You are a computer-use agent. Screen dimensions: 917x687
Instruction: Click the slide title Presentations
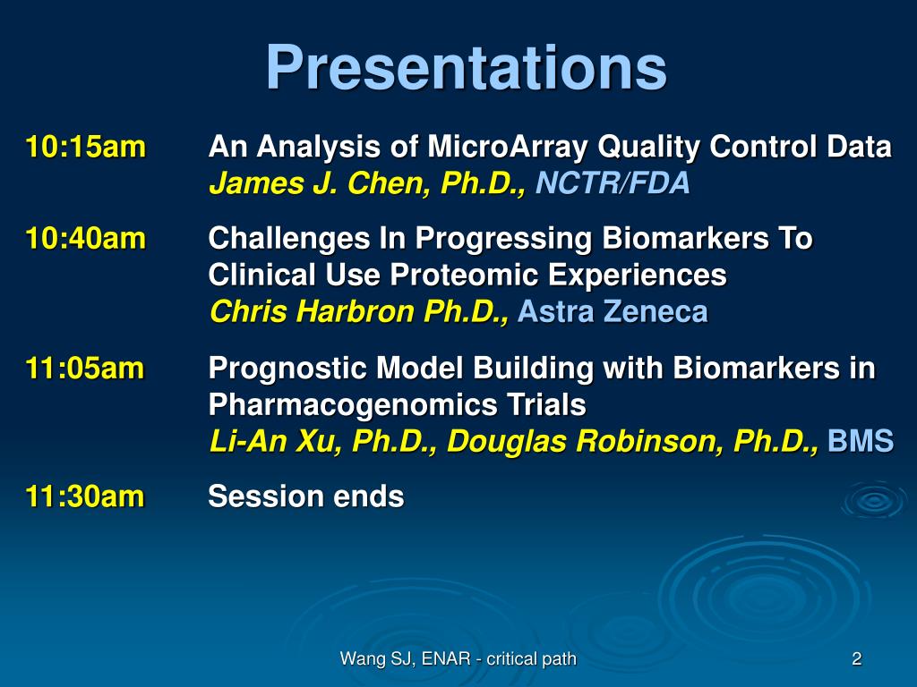click(466, 68)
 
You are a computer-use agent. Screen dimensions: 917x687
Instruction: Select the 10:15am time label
click(85, 146)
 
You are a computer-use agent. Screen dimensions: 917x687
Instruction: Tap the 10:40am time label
click(85, 238)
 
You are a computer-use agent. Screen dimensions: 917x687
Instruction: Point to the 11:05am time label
click(85, 368)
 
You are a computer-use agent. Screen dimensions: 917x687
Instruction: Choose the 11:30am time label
click(85, 496)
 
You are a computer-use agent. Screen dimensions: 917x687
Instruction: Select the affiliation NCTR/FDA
click(613, 182)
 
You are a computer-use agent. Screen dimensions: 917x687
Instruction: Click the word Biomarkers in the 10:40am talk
click(685, 238)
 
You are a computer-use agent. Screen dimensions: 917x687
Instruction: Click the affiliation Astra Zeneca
click(613, 311)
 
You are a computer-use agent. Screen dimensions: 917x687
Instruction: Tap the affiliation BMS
click(861, 441)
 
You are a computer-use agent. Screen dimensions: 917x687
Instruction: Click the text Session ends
click(306, 496)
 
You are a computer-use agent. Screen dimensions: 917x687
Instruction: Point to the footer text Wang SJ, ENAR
click(405, 659)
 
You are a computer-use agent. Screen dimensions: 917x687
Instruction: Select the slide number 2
click(857, 659)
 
